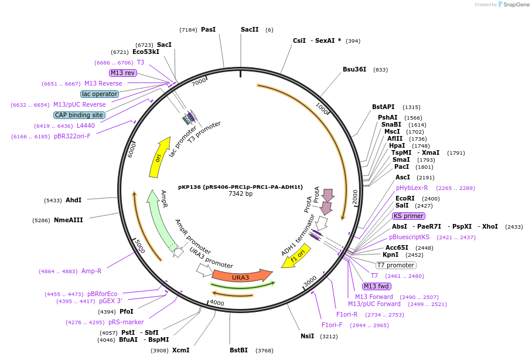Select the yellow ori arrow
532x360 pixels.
click(x=159, y=157)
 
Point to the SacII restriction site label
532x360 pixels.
click(x=250, y=29)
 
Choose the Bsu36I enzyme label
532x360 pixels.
click(x=354, y=69)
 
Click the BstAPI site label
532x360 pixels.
click(x=383, y=107)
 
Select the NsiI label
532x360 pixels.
click(x=307, y=336)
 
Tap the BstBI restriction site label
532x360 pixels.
click(x=238, y=350)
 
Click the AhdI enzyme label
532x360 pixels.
click(x=73, y=200)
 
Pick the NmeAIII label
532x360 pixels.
click(x=69, y=220)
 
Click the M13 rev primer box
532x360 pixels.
click(x=123, y=73)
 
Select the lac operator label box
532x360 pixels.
click(x=100, y=94)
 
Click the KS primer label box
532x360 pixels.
click(x=408, y=216)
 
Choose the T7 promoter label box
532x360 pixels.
click(x=395, y=265)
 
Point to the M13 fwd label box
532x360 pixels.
click(x=376, y=286)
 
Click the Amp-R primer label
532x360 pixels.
click(x=91, y=271)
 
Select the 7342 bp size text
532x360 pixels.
click(x=240, y=193)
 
